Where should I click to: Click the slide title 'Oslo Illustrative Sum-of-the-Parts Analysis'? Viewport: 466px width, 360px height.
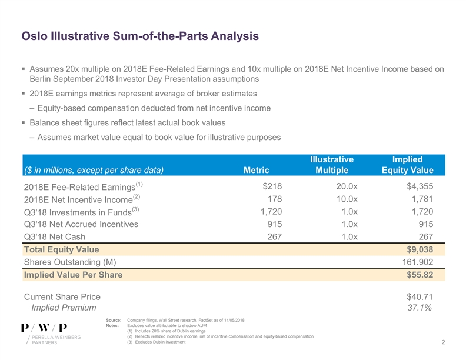pyautogui.click(x=139, y=37)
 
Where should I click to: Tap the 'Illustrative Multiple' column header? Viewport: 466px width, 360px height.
pyautogui.click(x=331, y=165)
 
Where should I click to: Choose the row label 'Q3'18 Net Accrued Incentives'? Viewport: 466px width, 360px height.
pyautogui.click(x=81, y=224)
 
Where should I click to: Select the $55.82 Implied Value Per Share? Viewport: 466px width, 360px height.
pyautogui.click(x=418, y=275)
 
